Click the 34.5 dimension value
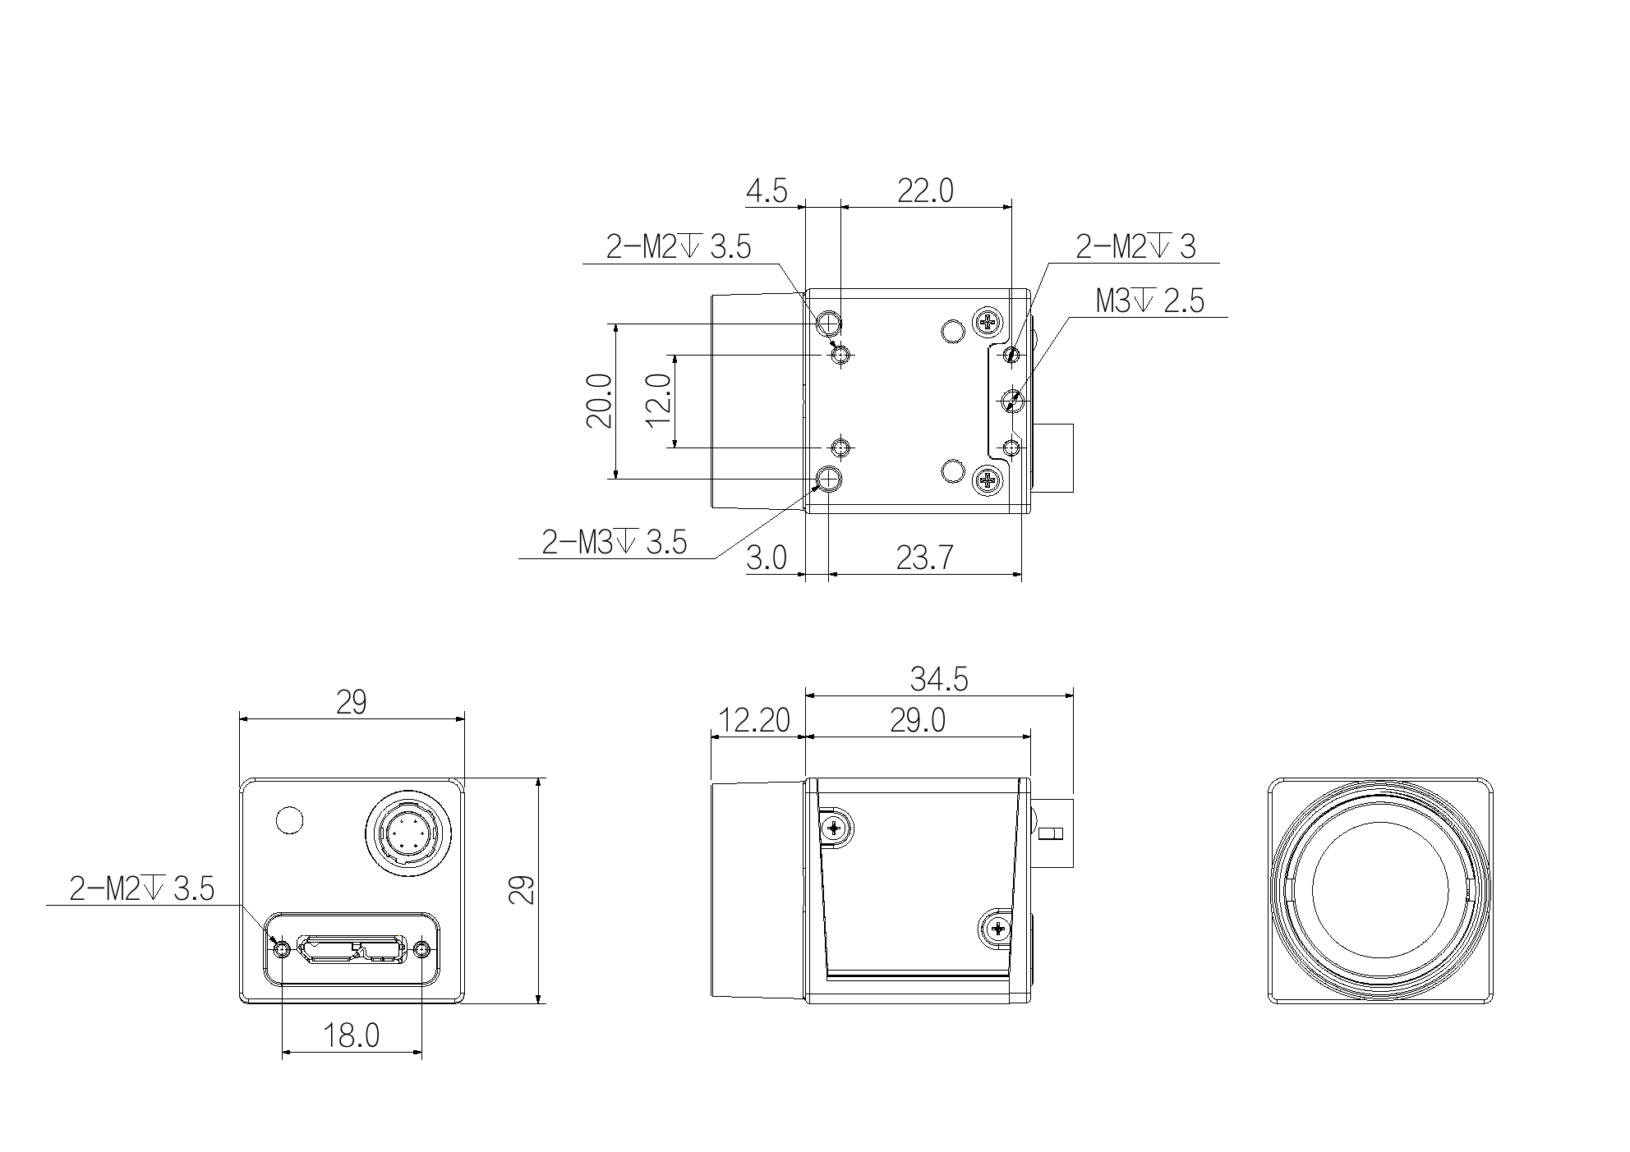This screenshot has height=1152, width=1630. pos(939,679)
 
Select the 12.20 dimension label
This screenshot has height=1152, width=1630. pos(753,721)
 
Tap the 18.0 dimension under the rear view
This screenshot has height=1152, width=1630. pos(351,1036)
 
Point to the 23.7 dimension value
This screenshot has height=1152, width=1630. pos(924,558)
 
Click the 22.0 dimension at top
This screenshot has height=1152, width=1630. pos(925,191)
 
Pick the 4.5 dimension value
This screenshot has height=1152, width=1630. pos(767,191)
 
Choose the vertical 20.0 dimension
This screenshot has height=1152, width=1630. pos(600,401)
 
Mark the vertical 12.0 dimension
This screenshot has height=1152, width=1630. pos(659,401)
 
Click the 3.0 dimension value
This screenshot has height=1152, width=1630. pos(767,558)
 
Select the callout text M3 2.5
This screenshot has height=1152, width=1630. pos(1150,301)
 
